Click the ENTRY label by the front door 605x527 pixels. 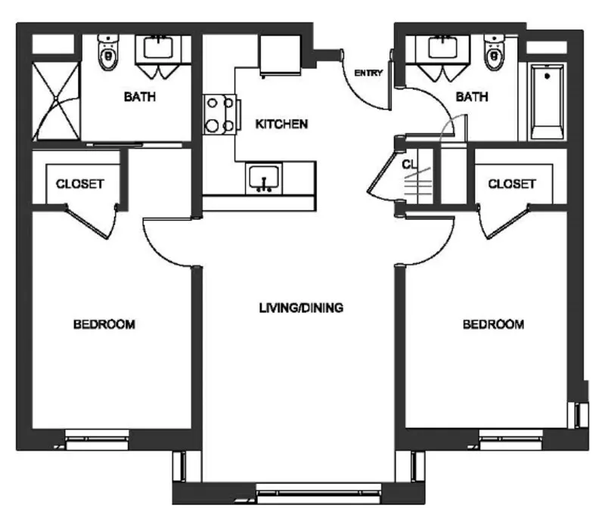click(x=368, y=73)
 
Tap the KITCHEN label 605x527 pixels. click(x=281, y=124)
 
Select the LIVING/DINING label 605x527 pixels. click(x=301, y=308)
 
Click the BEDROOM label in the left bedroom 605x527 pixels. click(x=104, y=324)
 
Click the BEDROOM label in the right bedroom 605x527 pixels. click(x=494, y=324)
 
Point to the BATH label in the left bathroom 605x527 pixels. click(x=140, y=97)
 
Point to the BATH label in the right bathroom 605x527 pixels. click(x=472, y=97)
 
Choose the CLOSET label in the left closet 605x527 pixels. click(x=80, y=184)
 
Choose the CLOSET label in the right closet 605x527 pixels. click(x=512, y=184)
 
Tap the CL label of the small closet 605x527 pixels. click(x=409, y=164)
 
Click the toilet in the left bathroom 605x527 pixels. click(x=108, y=52)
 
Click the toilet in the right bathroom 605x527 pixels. click(x=495, y=52)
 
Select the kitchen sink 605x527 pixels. click(x=264, y=178)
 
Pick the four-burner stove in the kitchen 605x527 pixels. click(x=220, y=115)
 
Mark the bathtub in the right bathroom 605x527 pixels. click(x=547, y=102)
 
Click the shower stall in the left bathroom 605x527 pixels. click(x=56, y=101)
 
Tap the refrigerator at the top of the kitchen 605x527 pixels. click(x=280, y=55)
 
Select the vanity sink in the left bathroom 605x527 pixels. click(x=158, y=48)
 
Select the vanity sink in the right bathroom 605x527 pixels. click(x=443, y=48)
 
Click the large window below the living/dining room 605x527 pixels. click(x=318, y=494)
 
